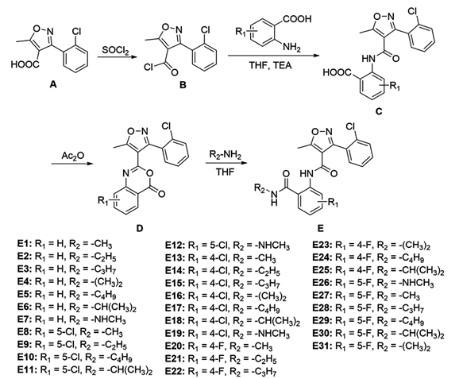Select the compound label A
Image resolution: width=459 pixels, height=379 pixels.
(53, 84)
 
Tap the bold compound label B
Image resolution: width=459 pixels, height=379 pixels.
(183, 85)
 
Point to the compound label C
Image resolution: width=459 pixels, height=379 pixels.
(379, 111)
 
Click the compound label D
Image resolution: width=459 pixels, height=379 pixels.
(140, 227)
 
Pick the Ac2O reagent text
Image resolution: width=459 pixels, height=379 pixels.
(72, 155)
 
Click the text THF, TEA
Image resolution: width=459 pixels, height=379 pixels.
(270, 65)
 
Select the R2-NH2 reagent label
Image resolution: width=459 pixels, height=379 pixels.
(225, 155)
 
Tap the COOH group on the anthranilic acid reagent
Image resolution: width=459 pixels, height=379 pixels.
(297, 19)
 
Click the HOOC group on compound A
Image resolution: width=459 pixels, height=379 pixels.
(25, 64)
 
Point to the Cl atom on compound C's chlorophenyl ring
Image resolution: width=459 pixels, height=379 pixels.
(412, 11)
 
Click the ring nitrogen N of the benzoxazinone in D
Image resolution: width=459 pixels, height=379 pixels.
(125, 174)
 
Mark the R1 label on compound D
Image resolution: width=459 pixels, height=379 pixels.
(103, 201)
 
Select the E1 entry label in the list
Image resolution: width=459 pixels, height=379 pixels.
(25, 243)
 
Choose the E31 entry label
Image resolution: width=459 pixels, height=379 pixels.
(322, 346)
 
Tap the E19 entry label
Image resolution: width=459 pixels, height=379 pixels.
(175, 334)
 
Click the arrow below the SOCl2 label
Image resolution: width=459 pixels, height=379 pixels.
(117, 57)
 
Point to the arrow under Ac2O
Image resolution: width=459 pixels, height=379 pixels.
(72, 164)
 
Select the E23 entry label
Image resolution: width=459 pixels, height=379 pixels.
(322, 245)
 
